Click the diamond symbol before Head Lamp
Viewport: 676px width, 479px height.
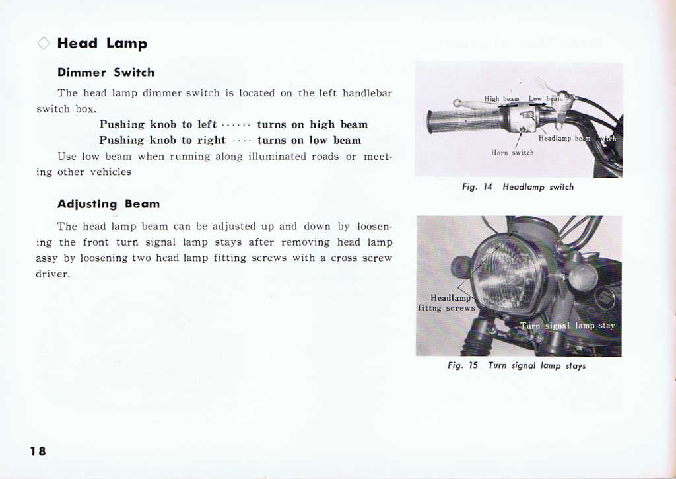coord(44,44)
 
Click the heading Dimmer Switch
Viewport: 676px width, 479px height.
coord(106,73)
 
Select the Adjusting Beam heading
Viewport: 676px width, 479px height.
coord(108,203)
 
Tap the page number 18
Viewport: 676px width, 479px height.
coord(38,451)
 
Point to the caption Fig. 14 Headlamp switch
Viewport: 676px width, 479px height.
coord(518,187)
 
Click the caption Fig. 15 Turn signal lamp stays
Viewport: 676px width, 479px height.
coord(516,365)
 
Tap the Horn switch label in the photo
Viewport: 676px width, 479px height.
coord(512,153)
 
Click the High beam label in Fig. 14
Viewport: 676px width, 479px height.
coord(502,99)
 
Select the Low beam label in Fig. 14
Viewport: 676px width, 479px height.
coord(545,99)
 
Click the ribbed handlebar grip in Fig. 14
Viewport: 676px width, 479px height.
coord(462,120)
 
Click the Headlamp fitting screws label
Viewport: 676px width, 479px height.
coord(447,303)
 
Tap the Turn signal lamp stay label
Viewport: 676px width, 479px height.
coord(567,326)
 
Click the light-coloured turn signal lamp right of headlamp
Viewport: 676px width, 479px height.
coord(583,276)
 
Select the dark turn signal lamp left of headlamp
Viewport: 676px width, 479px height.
coord(460,267)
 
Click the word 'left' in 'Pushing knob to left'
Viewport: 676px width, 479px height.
coord(207,124)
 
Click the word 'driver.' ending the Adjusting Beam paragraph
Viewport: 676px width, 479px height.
coord(53,274)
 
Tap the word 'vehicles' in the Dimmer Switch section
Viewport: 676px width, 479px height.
coord(110,172)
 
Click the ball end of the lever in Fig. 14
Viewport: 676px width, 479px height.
coord(456,103)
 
